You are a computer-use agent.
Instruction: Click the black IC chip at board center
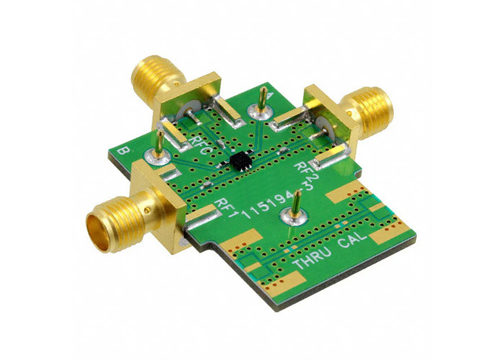tap(240, 161)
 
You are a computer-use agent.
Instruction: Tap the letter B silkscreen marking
tap(122, 150)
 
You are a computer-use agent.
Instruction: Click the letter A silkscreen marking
tap(270, 96)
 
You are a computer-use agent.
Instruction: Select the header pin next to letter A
tap(264, 99)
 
